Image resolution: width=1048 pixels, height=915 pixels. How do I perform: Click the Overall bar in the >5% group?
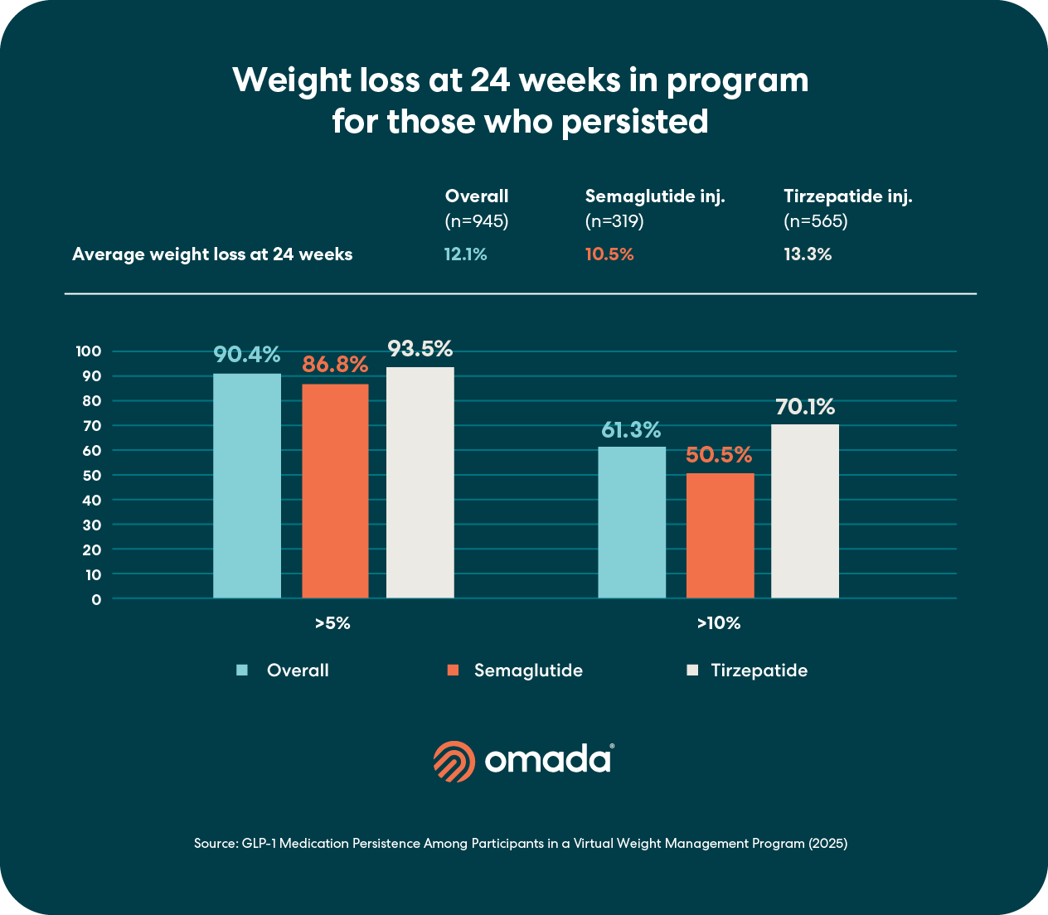pos(247,486)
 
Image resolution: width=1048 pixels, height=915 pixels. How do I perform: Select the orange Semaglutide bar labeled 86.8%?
pos(335,491)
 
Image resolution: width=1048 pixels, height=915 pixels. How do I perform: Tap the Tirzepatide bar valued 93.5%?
pos(420,482)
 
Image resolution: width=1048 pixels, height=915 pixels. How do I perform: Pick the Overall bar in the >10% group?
pos(632,522)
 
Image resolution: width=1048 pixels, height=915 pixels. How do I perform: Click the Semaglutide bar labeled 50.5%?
pos(720,535)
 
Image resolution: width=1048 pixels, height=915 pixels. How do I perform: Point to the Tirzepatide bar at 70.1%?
pos(805,511)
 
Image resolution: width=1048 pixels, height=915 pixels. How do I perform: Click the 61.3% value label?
pos(631,430)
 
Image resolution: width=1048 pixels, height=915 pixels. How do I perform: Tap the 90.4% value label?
pos(246,355)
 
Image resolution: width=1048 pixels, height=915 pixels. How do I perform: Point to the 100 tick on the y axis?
pos(89,351)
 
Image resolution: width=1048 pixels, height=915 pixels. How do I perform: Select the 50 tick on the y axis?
pos(92,475)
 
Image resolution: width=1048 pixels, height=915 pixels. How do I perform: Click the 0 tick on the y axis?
pos(97,599)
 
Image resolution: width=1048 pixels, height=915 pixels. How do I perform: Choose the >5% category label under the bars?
pos(332,623)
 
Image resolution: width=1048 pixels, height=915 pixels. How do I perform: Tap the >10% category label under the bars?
pos(718,623)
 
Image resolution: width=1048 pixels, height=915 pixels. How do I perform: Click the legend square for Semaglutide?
pos(453,671)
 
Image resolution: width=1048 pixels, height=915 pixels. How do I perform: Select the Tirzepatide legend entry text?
pos(759,671)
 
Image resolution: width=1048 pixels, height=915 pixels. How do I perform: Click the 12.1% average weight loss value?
pos(465,254)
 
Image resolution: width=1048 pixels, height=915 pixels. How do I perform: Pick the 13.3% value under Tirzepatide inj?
pos(808,254)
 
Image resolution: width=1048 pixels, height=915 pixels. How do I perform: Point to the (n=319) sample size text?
pos(614,221)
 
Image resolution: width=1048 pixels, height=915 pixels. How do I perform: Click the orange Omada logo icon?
pos(454,761)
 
